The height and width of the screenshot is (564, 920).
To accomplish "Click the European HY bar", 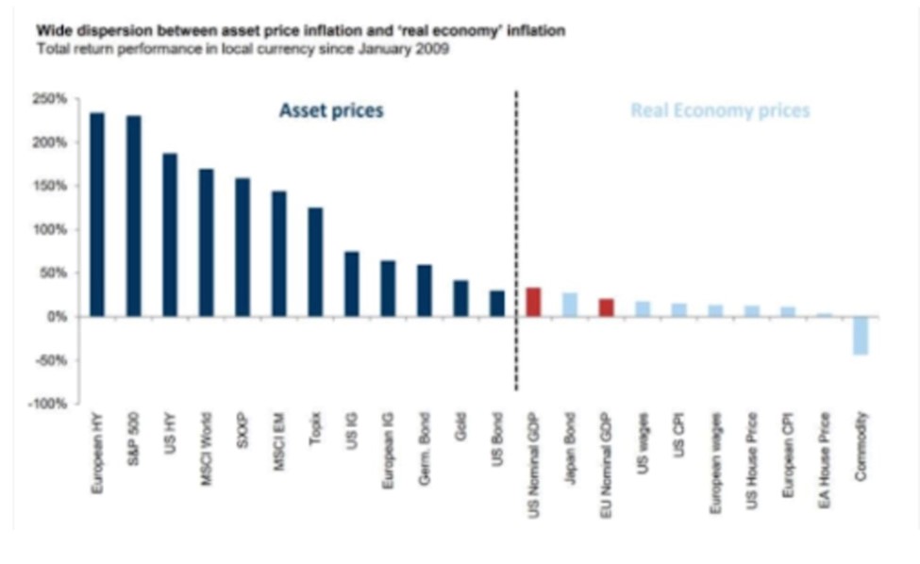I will pyautogui.click(x=97, y=214).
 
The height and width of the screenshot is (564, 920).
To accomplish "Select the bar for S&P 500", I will pyautogui.click(x=133, y=216).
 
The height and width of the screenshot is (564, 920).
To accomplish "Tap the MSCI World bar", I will pyautogui.click(x=206, y=242).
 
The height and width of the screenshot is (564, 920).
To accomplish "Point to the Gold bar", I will pyautogui.click(x=460, y=298).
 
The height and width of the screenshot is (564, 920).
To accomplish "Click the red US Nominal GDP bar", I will pyautogui.click(x=533, y=302).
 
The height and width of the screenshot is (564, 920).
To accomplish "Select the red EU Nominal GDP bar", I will pyautogui.click(x=606, y=307).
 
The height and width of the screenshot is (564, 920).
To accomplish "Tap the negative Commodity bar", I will pyautogui.click(x=860, y=336).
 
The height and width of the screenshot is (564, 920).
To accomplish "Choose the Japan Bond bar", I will pyautogui.click(x=569, y=305).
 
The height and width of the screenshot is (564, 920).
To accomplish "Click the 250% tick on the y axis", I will pyautogui.click(x=49, y=99).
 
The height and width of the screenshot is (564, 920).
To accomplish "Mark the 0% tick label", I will pyautogui.click(x=56, y=317).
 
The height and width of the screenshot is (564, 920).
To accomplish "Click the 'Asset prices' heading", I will pyautogui.click(x=331, y=111).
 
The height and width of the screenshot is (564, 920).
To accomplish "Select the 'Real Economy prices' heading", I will pyautogui.click(x=720, y=111).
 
